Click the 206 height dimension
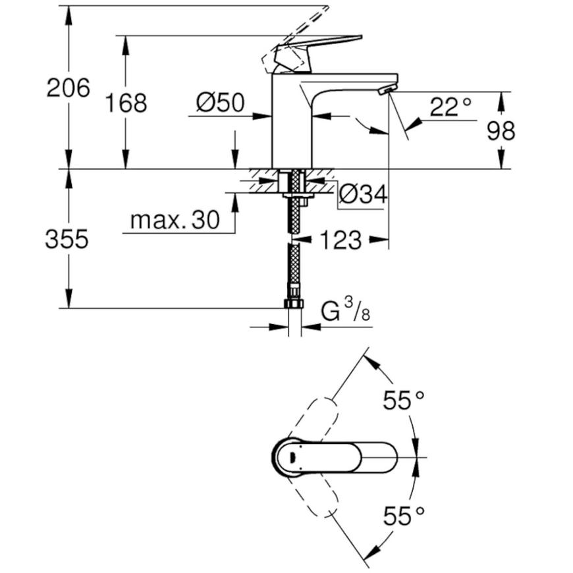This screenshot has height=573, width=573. (x=68, y=88)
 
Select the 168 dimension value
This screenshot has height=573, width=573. (x=126, y=103)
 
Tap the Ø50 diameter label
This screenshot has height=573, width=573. (x=221, y=102)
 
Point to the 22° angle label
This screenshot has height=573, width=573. (x=450, y=107)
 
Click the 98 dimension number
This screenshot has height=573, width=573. (x=501, y=131)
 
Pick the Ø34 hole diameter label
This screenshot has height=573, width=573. (x=363, y=194)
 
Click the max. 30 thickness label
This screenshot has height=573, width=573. (x=175, y=219)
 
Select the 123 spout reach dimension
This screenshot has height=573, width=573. (x=341, y=240)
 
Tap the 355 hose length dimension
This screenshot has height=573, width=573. (x=67, y=239)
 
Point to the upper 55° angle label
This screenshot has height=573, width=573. (x=404, y=400)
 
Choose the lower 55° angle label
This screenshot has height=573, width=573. (x=404, y=516)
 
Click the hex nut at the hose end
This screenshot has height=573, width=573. (x=294, y=304)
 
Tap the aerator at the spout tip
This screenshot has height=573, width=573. (x=388, y=89)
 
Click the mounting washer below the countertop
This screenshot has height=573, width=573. (x=298, y=196)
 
